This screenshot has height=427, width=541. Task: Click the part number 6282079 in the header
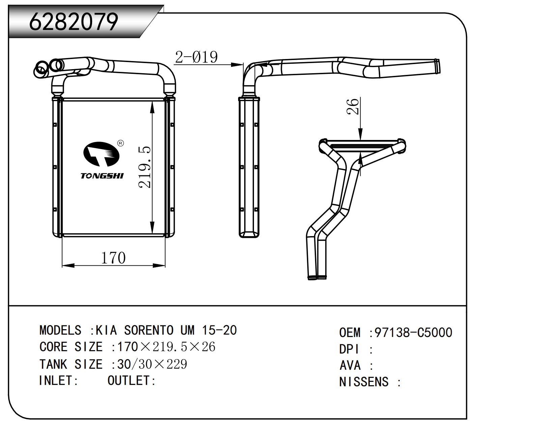(74, 22)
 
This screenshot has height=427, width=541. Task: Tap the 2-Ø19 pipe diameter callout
(196, 57)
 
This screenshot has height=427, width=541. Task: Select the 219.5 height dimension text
(145, 167)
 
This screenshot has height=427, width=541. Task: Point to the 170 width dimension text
(113, 258)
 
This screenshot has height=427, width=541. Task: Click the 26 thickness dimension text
(353, 107)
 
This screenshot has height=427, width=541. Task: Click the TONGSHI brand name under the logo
(102, 176)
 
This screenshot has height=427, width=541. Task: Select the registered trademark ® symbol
(120, 143)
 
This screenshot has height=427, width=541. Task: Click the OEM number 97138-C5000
(413, 333)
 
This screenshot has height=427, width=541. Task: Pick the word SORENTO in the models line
(149, 330)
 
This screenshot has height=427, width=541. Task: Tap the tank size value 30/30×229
(152, 364)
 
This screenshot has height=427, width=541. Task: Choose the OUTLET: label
(132, 381)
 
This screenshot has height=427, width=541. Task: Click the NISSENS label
(364, 382)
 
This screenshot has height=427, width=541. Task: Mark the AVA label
(350, 366)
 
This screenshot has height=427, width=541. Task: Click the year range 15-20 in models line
(219, 330)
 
